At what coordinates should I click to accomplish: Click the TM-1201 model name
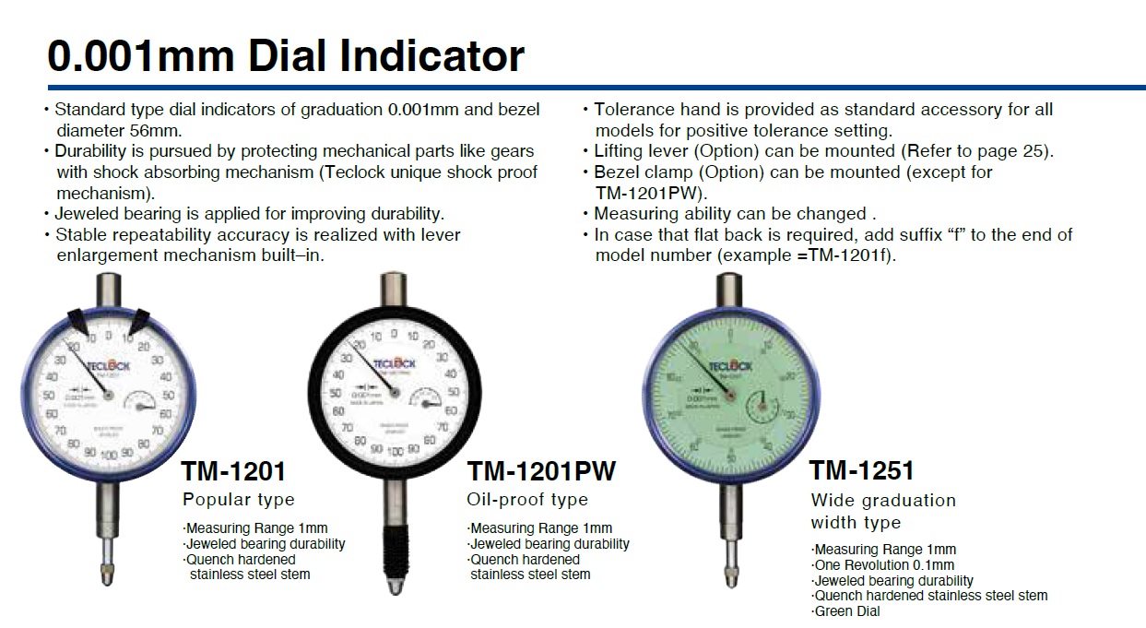coord(233,471)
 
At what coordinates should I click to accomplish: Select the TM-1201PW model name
coord(540,471)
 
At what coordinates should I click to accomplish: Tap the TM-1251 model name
coord(861,470)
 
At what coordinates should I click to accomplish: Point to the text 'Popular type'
coord(238,500)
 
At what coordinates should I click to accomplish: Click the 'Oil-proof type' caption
coord(526,500)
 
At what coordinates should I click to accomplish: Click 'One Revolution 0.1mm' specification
coord(884,564)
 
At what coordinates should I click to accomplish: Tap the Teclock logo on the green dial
coord(730,366)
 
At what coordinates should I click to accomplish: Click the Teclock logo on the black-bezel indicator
coord(396,363)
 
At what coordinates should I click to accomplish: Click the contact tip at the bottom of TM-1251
coord(731,575)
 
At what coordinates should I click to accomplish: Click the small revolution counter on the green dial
coord(762,405)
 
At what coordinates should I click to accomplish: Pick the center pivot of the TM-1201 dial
coord(110,395)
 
